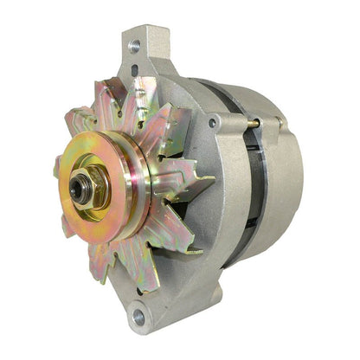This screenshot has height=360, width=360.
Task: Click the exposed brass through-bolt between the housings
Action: [x=252, y=124]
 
